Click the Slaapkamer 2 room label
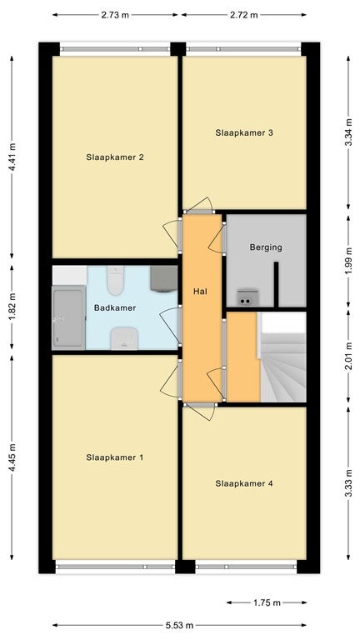tap(115, 157)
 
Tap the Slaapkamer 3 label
tap(244, 132)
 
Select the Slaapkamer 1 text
tap(115, 457)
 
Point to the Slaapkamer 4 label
tap(244, 483)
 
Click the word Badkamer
tap(109, 307)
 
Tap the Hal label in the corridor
tap(200, 292)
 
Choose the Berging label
tap(266, 247)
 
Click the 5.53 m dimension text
tap(180, 625)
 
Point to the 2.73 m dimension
tap(115, 15)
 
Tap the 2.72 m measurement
tap(243, 15)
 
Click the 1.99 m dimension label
tap(348, 262)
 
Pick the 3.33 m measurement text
tap(348, 483)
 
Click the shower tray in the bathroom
tap(68, 317)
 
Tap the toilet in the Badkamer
tap(116, 280)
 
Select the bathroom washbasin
tap(124, 338)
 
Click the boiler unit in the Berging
tap(247, 297)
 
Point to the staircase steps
tap(282, 367)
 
